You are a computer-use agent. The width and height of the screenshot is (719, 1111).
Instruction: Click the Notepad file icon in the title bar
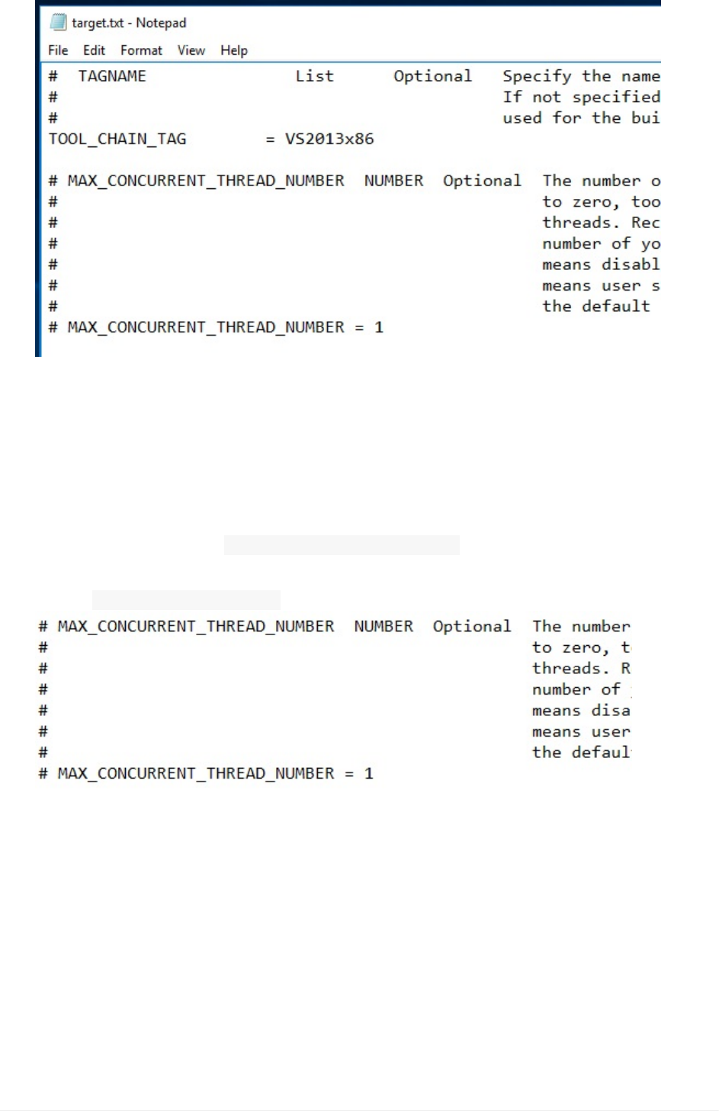[58, 23]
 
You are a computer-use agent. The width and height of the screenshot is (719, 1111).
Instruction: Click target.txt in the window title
[98, 23]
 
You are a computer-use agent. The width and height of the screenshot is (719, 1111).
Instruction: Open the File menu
[58, 50]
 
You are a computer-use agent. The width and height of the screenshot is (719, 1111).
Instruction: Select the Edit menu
[94, 50]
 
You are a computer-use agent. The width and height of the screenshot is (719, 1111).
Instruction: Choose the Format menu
[141, 50]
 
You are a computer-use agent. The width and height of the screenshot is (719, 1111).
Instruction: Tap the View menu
[191, 50]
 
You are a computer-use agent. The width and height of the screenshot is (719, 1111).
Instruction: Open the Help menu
[234, 50]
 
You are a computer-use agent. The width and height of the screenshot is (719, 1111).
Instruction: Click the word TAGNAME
[112, 76]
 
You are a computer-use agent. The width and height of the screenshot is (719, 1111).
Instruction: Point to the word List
[314, 76]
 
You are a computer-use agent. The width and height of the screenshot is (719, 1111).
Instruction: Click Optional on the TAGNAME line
[432, 76]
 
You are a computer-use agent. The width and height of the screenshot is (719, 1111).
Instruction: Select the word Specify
[537, 76]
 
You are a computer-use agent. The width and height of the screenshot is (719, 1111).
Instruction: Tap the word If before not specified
[512, 97]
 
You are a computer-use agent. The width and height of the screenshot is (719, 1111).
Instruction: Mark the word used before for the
[522, 118]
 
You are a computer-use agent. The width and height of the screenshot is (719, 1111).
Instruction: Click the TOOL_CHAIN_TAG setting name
[117, 139]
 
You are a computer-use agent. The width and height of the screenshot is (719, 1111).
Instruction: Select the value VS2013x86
[329, 139]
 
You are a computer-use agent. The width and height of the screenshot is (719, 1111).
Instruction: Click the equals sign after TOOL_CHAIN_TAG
[270, 140]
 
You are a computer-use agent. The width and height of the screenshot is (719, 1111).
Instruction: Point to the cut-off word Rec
[645, 223]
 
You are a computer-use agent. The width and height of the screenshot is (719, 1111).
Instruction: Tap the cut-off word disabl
[631, 265]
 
